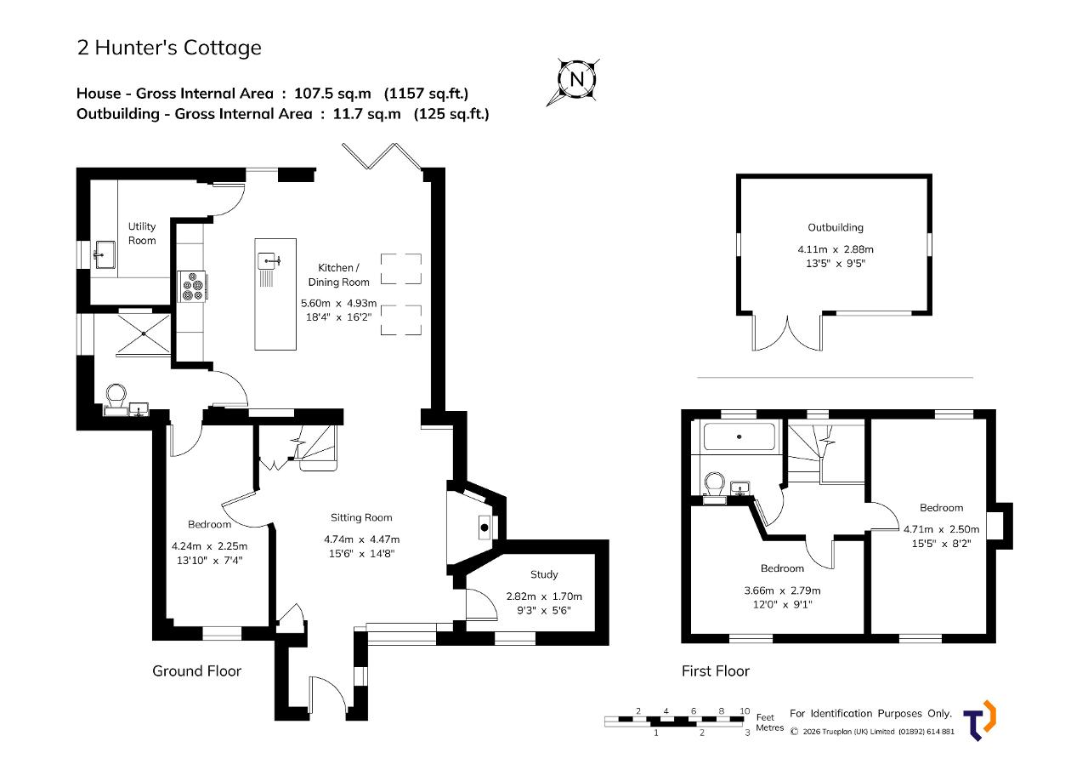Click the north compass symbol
pyautogui.click(x=576, y=79)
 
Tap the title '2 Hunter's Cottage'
pyautogui.click(x=169, y=48)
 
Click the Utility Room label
pyautogui.click(x=142, y=233)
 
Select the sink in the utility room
pyautogui.click(x=105, y=254)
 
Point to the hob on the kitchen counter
pyautogui.click(x=193, y=287)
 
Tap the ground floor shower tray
pyautogui.click(x=144, y=334)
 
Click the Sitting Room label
pyautogui.click(x=361, y=517)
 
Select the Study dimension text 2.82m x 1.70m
pyautogui.click(x=544, y=596)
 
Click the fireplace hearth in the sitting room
pyautogui.click(x=484, y=528)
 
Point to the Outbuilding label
pyautogui.click(x=836, y=227)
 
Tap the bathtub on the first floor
pyautogui.click(x=739, y=436)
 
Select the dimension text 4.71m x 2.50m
pyautogui.click(x=941, y=529)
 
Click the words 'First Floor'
pyautogui.click(x=716, y=670)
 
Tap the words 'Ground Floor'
pyautogui.click(x=196, y=670)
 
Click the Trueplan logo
pyautogui.click(x=979, y=721)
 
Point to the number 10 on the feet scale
pyautogui.click(x=745, y=710)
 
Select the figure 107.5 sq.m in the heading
pyautogui.click(x=332, y=94)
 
